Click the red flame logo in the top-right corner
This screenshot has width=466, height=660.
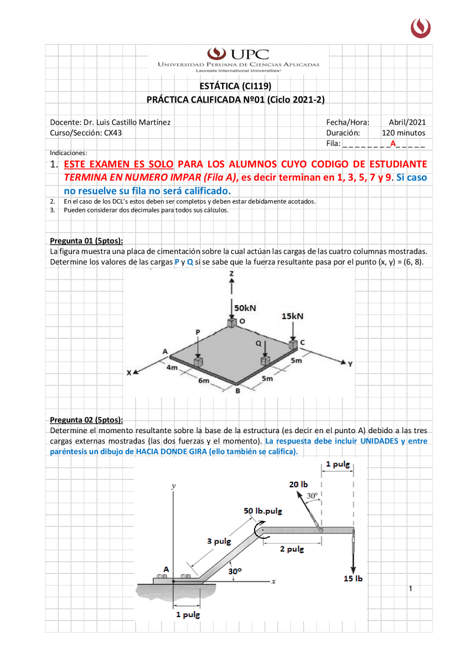click(x=420, y=28)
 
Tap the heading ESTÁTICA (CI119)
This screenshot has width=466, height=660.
click(x=235, y=86)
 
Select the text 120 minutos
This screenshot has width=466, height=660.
click(x=403, y=133)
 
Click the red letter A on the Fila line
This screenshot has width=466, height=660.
click(x=393, y=143)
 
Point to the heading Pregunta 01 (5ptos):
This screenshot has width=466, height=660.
click(x=86, y=241)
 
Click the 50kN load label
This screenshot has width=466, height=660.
click(x=245, y=308)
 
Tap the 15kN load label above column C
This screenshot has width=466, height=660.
click(x=292, y=316)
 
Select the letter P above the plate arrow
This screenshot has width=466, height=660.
click(x=198, y=332)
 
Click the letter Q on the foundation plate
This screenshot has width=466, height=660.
click(x=258, y=344)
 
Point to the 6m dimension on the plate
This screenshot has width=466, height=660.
click(x=204, y=380)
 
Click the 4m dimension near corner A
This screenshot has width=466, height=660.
click(x=172, y=367)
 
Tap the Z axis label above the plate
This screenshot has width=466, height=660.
click(x=232, y=273)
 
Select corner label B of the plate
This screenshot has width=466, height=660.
click(x=238, y=391)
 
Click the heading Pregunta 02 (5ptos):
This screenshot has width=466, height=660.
click(x=86, y=420)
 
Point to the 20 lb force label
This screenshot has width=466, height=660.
click(x=298, y=484)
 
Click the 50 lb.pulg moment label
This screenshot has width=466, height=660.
click(x=263, y=511)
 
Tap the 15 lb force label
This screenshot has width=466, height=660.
click(x=353, y=579)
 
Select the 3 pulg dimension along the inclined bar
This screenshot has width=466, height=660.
click(x=219, y=541)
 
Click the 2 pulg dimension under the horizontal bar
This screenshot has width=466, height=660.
click(x=292, y=549)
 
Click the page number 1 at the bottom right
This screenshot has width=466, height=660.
click(x=410, y=589)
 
